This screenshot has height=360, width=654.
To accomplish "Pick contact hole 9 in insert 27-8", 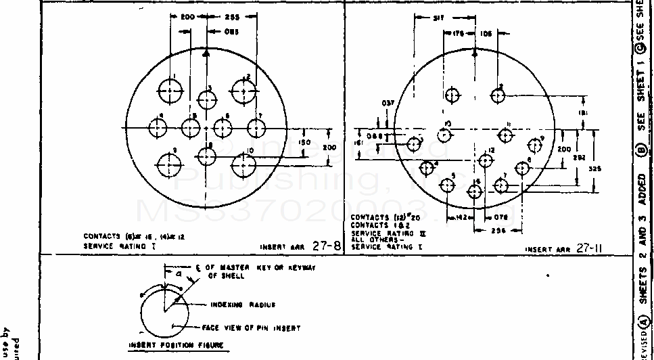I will pyautogui.click(x=169, y=164).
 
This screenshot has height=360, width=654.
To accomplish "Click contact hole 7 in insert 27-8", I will pyautogui.click(x=256, y=128).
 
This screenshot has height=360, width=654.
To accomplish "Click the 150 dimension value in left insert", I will pyautogui.click(x=304, y=143).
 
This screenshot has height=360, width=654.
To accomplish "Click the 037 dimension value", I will pyautogui.click(x=388, y=104).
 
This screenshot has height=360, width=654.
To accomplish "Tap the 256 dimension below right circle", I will pyautogui.click(x=498, y=231).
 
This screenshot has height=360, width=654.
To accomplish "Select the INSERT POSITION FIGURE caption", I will pyautogui.click(x=176, y=344).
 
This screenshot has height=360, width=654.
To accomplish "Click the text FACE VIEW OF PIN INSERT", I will pyautogui.click(x=251, y=328).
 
